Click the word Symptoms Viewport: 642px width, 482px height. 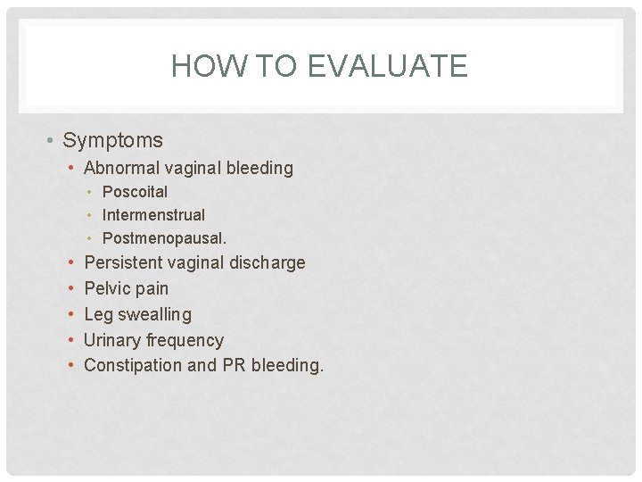pos(112,140)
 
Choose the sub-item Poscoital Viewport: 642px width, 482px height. pos(135,192)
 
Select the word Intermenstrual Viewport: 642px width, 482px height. pos(153,215)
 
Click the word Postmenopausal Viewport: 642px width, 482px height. pos(164,238)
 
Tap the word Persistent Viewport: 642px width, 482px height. pos(123,262)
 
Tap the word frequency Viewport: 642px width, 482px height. pos(185,341)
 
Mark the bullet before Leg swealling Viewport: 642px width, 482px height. pos(70,314)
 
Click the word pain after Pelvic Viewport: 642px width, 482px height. pos(151,289)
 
